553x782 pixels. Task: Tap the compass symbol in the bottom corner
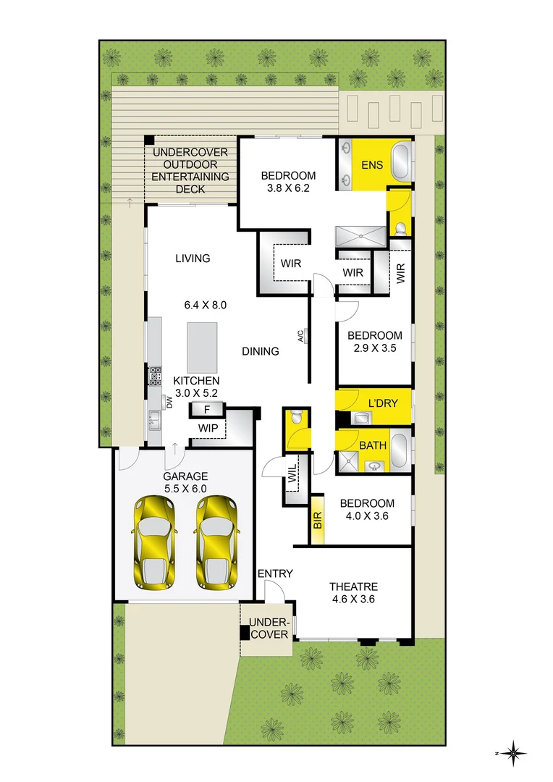(512, 754)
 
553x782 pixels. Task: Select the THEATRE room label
(353, 586)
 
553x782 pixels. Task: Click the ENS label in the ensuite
(372, 166)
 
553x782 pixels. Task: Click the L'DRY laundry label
(383, 403)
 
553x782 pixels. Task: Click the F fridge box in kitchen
(207, 410)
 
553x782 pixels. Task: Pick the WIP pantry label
(207, 428)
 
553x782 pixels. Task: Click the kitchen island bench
(202, 347)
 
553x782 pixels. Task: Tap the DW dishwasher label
(169, 402)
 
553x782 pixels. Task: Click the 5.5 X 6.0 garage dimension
(185, 488)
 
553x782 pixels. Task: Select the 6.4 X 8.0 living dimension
(206, 305)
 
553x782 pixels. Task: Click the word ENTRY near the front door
(276, 573)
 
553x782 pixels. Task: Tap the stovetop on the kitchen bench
(155, 376)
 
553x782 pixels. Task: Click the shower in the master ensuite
(360, 235)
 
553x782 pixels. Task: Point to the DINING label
(261, 351)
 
